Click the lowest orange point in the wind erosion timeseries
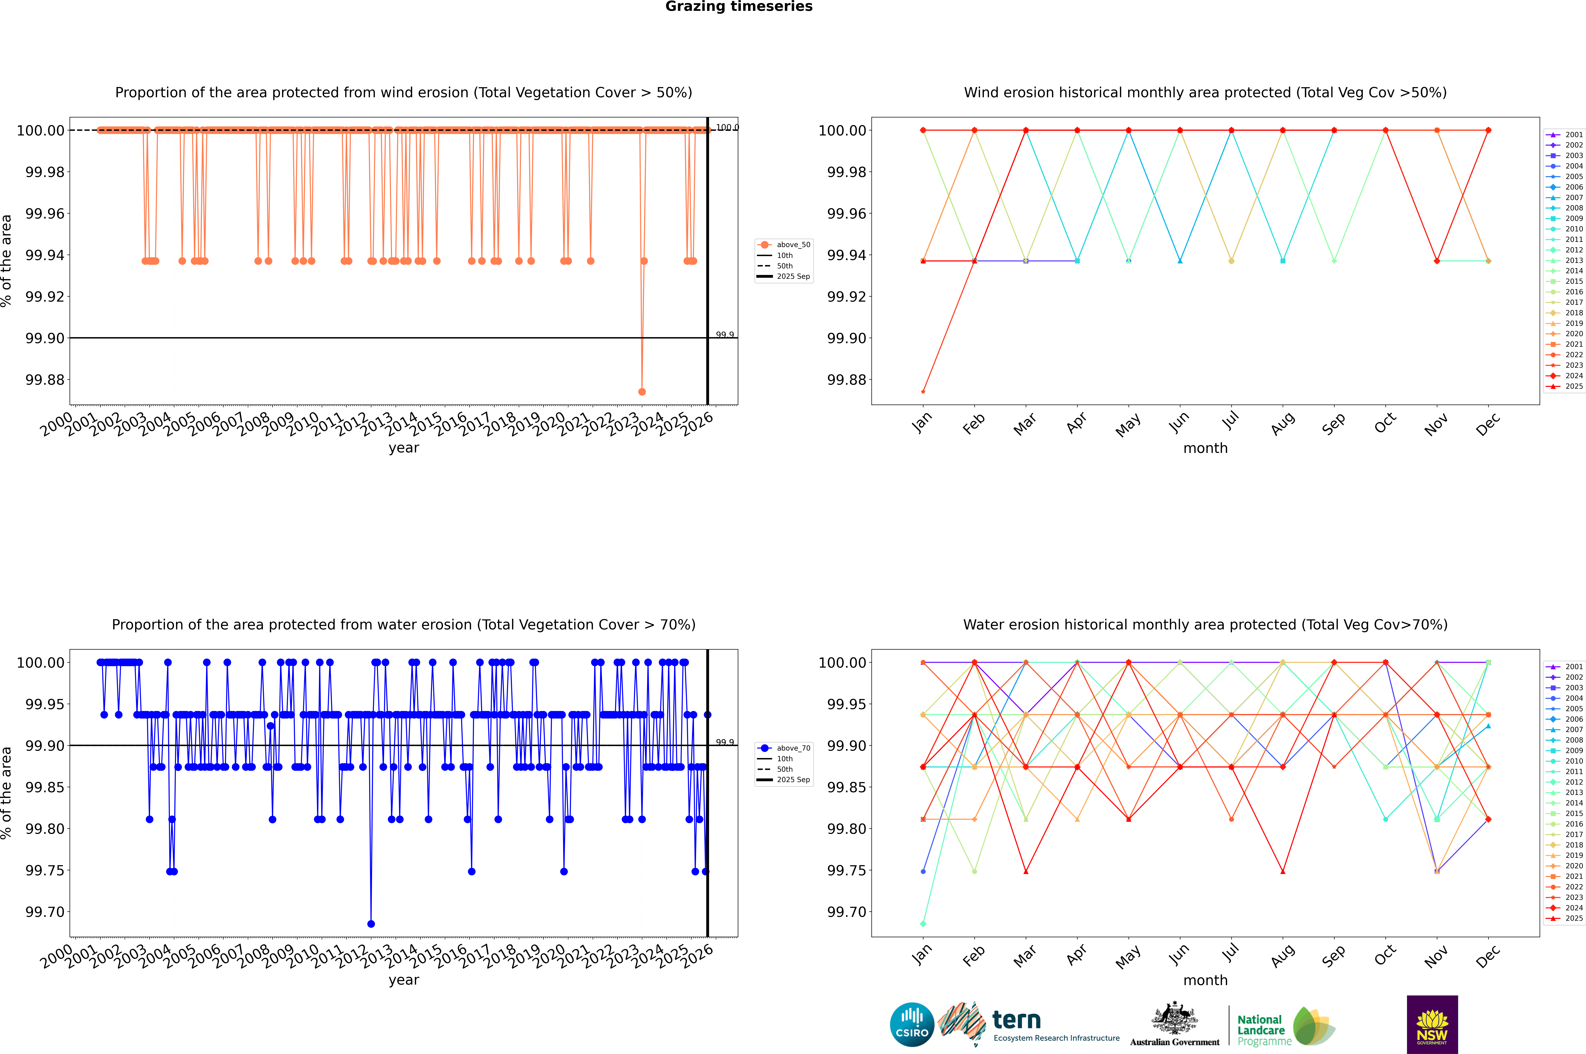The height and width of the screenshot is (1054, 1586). click(x=642, y=391)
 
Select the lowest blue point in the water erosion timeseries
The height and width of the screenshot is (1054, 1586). click(x=371, y=924)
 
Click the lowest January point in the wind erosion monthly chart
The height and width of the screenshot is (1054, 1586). click(x=923, y=391)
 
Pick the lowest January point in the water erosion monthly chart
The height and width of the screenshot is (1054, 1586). click(x=923, y=924)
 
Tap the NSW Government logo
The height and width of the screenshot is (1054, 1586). click(x=1432, y=1024)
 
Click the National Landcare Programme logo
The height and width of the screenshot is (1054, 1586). click(x=1286, y=1026)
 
